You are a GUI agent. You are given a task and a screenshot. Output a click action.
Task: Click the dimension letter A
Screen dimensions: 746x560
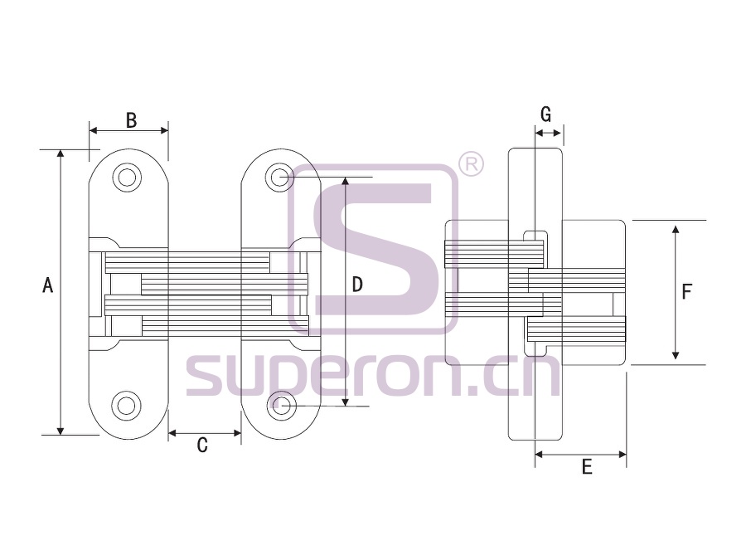point(47,285)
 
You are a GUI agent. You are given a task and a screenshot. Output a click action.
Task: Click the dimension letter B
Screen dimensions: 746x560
point(131,120)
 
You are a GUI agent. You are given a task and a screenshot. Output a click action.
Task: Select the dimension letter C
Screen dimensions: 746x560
point(202,445)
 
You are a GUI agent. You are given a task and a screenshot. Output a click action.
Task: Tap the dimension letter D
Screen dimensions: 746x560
point(356,285)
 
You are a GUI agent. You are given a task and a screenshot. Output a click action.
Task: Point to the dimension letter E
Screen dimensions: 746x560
point(587,466)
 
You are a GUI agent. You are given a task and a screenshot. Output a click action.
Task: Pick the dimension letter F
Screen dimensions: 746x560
point(686,291)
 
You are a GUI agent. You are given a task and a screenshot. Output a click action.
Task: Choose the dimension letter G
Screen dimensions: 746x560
point(546,114)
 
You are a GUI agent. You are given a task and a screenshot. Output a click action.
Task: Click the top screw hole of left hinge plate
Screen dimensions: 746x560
point(127,178)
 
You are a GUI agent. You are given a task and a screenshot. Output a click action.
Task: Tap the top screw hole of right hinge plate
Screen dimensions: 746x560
point(281,178)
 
